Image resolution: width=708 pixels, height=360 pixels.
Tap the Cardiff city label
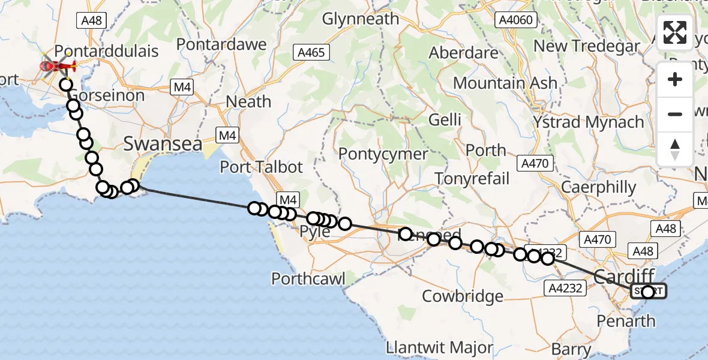(625, 276)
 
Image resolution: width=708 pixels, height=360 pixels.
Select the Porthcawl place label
(309, 279)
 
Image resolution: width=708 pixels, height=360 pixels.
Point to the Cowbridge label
(463, 296)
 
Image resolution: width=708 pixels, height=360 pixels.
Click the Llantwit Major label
(440, 347)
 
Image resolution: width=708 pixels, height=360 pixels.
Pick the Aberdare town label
(463, 52)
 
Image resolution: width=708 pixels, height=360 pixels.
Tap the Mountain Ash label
(505, 83)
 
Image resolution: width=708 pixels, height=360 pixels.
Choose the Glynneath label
(361, 19)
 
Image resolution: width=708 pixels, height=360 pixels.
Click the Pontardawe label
(221, 45)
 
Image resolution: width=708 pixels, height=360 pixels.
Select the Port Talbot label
(262, 166)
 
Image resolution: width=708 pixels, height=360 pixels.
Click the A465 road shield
(311, 53)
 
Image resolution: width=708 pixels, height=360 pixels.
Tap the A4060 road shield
(515, 20)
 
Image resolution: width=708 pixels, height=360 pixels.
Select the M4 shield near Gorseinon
(182, 88)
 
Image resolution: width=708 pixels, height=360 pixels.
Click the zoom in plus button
(675, 79)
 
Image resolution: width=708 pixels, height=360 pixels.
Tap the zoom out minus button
(675, 114)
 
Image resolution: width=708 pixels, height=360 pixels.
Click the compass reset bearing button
(675, 149)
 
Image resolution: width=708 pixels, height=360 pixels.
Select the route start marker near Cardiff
(648, 292)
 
